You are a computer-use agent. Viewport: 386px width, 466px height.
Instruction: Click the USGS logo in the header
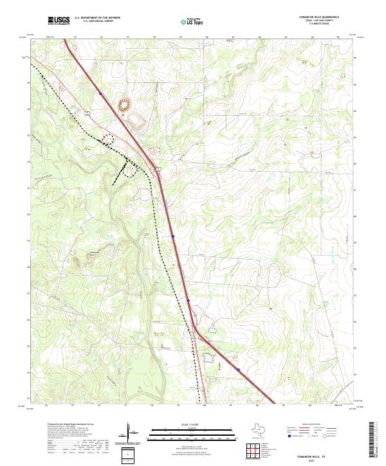(59, 21)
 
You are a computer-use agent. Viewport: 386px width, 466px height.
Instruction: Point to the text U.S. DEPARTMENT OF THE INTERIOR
(97, 18)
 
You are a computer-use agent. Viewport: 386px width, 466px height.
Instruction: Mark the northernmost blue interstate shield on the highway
(101, 93)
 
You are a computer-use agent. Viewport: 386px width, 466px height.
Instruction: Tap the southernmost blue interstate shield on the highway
(237, 370)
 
